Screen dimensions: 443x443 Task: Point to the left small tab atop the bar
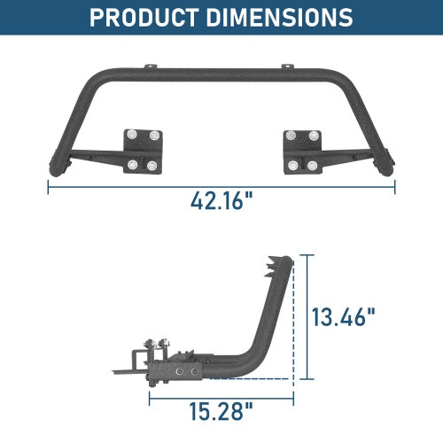point(153,66)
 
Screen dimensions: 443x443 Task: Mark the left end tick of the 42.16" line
point(47,187)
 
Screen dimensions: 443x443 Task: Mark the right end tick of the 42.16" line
point(396,187)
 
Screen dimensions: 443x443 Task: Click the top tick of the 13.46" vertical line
point(307,255)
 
